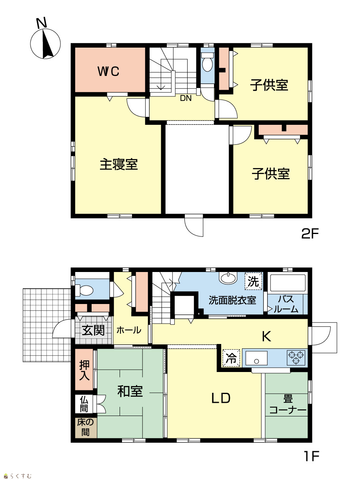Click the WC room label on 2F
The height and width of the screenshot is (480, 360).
point(108,71)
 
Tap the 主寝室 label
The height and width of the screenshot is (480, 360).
point(119,164)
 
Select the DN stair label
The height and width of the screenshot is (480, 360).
point(186,98)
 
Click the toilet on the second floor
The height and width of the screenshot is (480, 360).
point(207,62)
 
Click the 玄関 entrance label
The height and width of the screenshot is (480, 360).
point(93,330)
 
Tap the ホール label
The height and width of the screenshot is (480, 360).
point(129,330)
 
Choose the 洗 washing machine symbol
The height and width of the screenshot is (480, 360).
point(253,281)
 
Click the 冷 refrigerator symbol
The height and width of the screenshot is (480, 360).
point(231,358)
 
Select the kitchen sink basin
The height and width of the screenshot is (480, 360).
point(256,358)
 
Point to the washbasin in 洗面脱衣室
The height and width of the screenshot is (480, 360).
point(229,278)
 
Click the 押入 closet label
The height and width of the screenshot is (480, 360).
point(84,370)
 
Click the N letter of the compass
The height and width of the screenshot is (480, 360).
point(42,23)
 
